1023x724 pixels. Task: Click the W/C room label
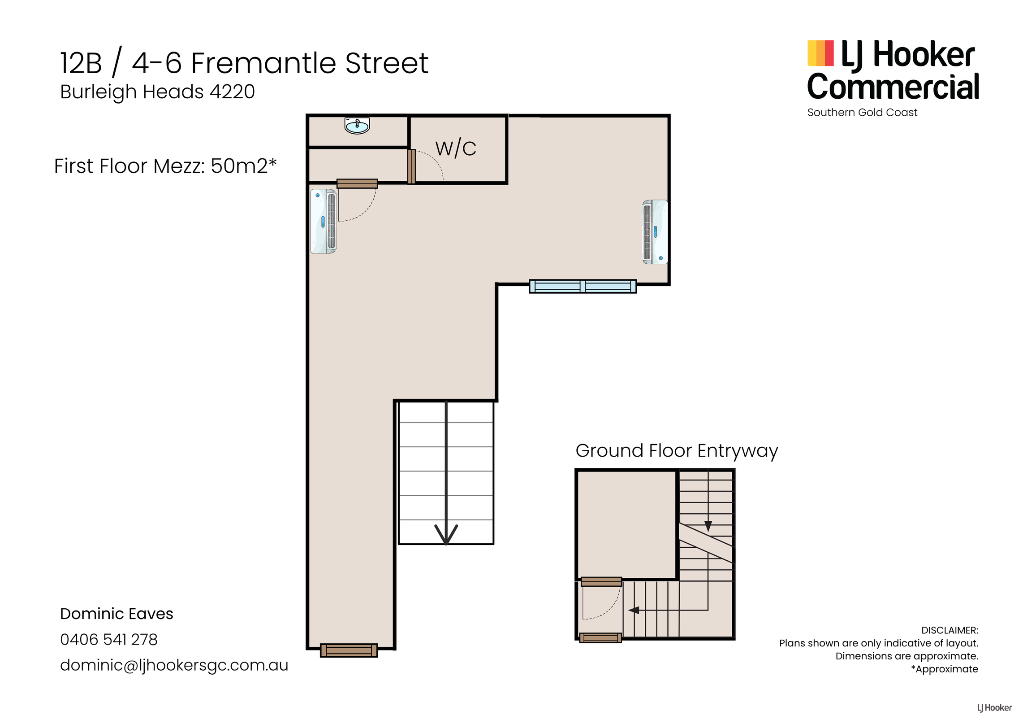(455, 148)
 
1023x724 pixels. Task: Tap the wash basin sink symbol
(357, 126)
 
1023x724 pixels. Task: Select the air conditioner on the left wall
(324, 221)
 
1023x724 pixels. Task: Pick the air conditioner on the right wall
(655, 232)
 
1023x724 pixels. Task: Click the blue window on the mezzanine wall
(583, 286)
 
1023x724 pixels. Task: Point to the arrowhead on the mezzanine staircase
(446, 534)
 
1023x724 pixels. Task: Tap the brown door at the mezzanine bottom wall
(349, 650)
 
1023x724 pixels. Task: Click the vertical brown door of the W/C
(411, 166)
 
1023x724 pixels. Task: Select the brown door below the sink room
(357, 183)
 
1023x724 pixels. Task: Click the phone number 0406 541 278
(109, 639)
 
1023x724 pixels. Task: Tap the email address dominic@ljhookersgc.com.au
(174, 665)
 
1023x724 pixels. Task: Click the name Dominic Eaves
(117, 613)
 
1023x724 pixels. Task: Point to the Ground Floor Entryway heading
(677, 451)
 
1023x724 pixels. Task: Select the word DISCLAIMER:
(950, 630)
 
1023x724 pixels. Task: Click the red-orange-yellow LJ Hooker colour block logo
(820, 53)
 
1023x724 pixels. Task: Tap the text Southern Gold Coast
(862, 112)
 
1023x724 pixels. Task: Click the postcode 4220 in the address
(232, 92)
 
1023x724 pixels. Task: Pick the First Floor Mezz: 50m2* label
(165, 166)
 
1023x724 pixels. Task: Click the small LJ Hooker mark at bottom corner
(994, 707)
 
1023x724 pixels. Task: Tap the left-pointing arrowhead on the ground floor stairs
(634, 610)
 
